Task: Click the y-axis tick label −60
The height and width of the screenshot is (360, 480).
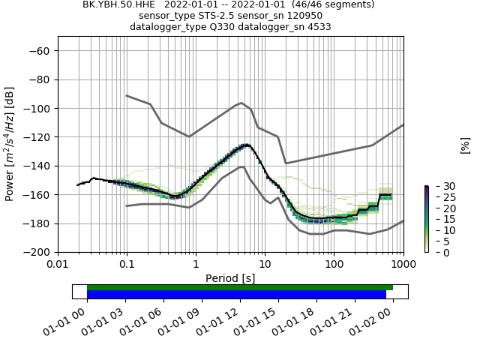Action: pyautogui.click(x=40, y=51)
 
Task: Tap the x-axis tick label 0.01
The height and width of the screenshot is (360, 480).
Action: pyautogui.click(x=58, y=265)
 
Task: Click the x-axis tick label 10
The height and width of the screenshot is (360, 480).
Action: pyautogui.click(x=265, y=265)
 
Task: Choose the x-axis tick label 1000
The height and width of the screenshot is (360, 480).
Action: pyautogui.click(x=403, y=265)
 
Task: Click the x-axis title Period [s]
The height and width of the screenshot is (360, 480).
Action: pyautogui.click(x=230, y=278)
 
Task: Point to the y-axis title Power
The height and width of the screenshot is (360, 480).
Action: pyautogui.click(x=10, y=144)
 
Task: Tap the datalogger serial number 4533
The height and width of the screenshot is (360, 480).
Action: pyautogui.click(x=318, y=27)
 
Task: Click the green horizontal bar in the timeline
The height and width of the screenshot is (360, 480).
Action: pyautogui.click(x=240, y=287)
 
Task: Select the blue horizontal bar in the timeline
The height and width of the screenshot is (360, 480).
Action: pyautogui.click(x=236, y=294)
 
